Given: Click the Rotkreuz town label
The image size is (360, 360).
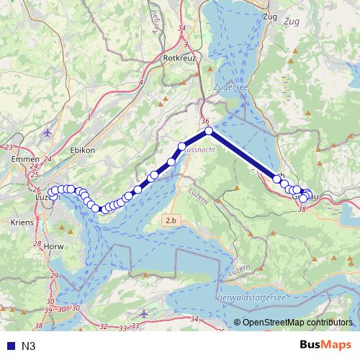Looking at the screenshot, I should click(x=180, y=58).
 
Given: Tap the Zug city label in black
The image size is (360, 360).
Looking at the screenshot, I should click(x=271, y=16).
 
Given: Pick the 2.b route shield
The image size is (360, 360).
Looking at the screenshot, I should click(x=171, y=220).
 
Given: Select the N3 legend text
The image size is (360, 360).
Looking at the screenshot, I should click(x=29, y=346).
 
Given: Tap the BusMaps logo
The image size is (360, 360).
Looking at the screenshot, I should click(x=326, y=345).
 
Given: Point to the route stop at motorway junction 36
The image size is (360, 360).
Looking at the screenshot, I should click(x=208, y=130).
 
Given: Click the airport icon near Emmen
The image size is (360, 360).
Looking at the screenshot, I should click(x=48, y=132).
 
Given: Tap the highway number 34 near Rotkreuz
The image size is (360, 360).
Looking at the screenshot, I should click(x=181, y=28).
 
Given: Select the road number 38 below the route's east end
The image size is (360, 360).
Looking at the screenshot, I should click(x=302, y=208).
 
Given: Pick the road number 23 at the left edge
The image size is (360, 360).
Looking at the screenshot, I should click(x=9, y=147).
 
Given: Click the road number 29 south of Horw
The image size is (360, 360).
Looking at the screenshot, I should click(x=54, y=276).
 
